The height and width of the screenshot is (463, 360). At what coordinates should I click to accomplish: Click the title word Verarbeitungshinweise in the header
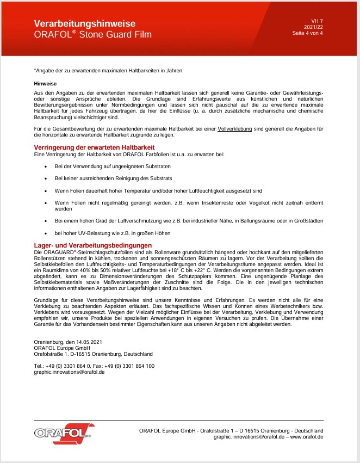pos(84,24)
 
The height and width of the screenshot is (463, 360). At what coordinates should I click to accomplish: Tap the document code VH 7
pos(317,21)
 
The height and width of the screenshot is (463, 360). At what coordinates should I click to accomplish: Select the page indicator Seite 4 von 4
pos(307,33)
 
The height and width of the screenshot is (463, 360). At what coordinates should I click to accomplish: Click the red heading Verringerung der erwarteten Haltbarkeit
pos(94,147)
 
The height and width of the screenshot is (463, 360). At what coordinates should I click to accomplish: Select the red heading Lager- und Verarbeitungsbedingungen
pos(92,246)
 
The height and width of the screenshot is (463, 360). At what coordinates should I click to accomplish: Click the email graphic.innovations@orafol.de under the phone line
pos(69,372)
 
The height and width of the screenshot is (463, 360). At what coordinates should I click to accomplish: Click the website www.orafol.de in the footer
pos(308,436)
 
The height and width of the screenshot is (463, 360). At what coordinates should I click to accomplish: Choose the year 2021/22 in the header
pos(313,27)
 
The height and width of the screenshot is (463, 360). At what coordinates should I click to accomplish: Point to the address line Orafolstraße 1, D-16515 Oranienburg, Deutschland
pos(93,354)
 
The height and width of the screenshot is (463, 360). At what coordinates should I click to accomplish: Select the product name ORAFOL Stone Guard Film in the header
pos(92,35)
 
